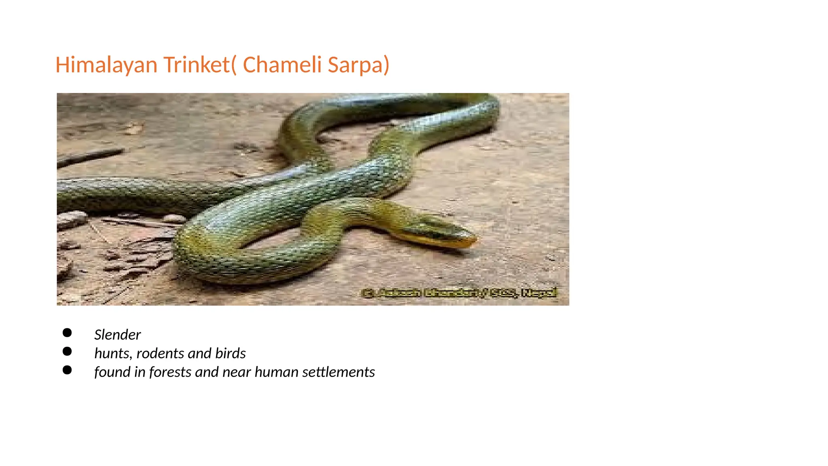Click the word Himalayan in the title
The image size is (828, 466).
click(106, 65)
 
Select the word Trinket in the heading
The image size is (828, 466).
click(196, 65)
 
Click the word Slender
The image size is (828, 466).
click(117, 335)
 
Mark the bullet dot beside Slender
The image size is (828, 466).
click(67, 333)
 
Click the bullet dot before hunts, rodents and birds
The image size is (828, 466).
click(67, 352)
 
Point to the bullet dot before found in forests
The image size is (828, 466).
click(67, 370)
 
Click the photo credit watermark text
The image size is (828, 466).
click(459, 293)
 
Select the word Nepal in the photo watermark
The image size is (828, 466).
click(539, 292)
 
